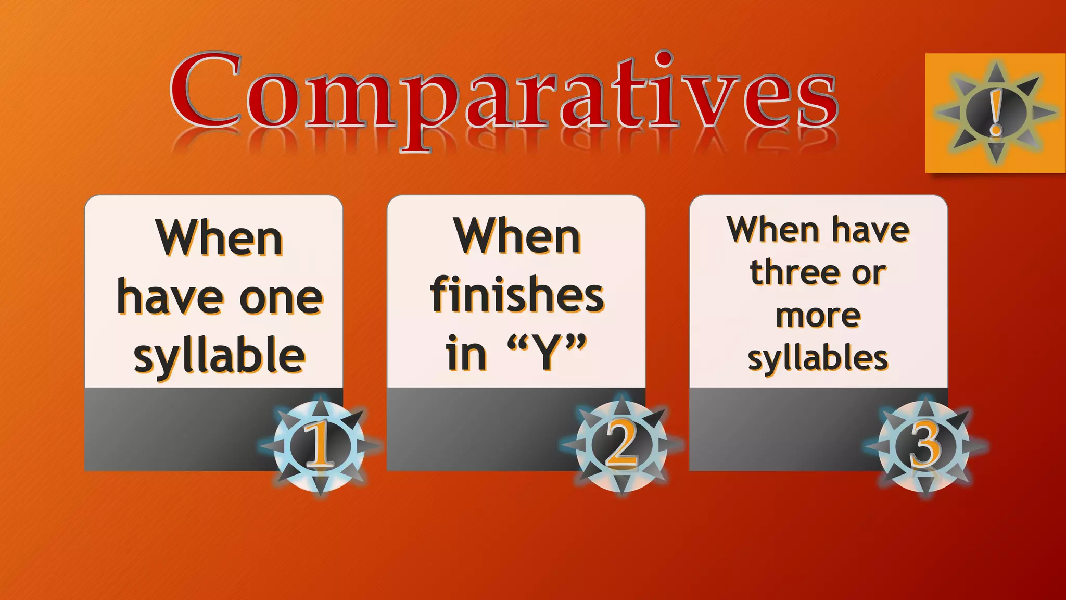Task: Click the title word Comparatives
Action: click(x=504, y=94)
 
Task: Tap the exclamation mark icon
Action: click(x=996, y=112)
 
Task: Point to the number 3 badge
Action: click(x=924, y=446)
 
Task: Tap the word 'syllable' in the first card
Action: click(x=219, y=356)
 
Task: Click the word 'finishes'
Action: click(x=517, y=295)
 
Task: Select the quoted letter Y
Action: click(x=547, y=353)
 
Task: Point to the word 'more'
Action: click(x=818, y=316)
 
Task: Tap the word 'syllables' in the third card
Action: click(x=818, y=358)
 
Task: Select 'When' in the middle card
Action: click(x=517, y=237)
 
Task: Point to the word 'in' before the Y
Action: click(x=466, y=353)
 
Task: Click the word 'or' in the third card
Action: click(x=869, y=273)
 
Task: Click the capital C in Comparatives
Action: click(x=206, y=90)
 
